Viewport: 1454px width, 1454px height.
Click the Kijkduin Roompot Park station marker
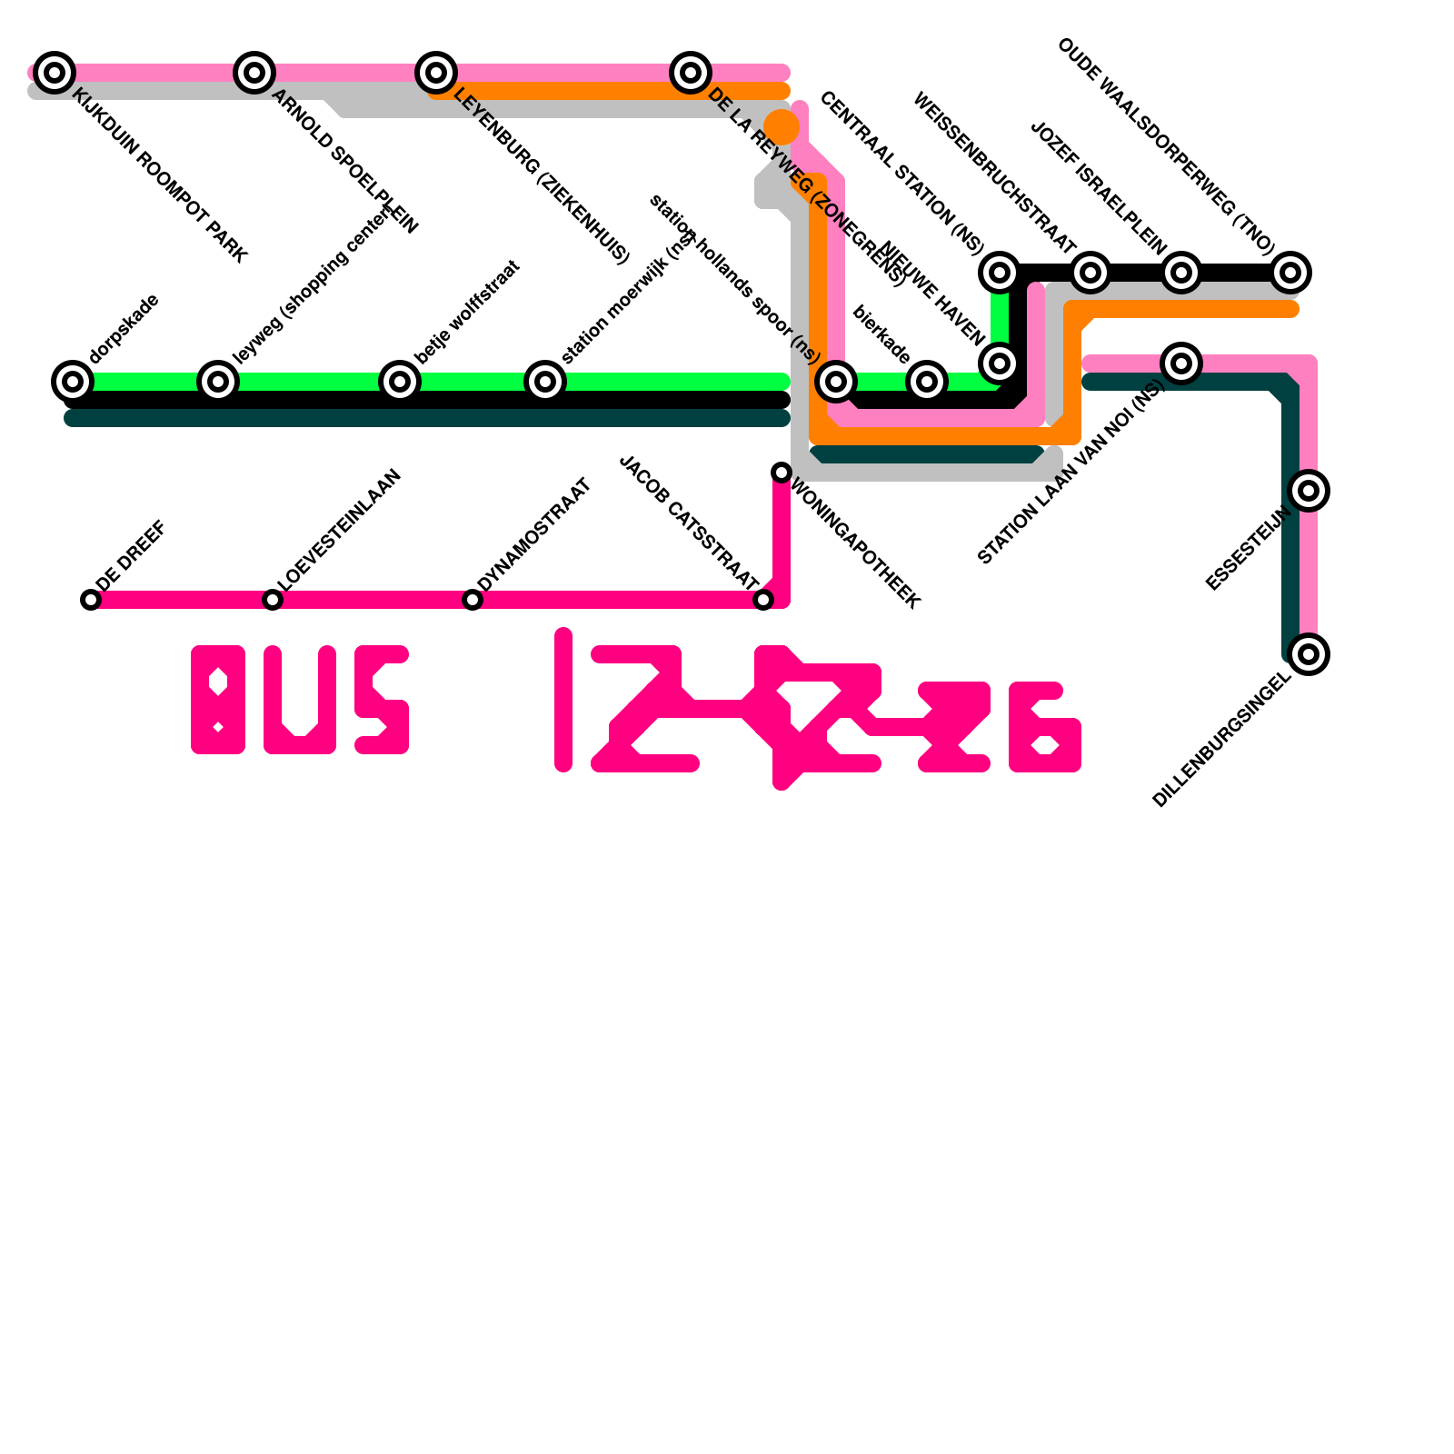(x=55, y=72)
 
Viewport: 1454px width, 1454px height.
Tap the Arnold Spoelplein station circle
(x=254, y=72)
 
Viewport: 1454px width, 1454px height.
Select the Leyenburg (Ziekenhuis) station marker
(x=436, y=72)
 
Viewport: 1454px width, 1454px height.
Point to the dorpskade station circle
(x=73, y=381)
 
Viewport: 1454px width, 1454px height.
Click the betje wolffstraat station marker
(x=400, y=381)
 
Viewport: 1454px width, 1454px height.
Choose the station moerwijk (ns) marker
(x=545, y=381)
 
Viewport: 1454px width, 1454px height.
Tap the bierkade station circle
(x=927, y=381)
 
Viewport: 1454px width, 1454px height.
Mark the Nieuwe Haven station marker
(x=1000, y=363)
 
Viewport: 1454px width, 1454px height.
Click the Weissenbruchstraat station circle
(x=1090, y=272)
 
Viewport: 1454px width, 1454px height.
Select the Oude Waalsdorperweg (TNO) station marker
(x=1290, y=272)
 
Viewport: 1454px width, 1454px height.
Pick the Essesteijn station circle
(x=1309, y=491)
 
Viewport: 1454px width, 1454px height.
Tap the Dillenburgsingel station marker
(x=1309, y=653)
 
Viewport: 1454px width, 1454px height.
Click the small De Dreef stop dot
(x=91, y=600)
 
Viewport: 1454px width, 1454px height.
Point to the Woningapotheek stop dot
(x=782, y=473)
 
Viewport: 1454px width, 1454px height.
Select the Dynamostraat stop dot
(x=473, y=600)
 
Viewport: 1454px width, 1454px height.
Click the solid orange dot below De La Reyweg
(x=782, y=127)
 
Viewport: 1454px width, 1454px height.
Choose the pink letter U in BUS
(x=300, y=700)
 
